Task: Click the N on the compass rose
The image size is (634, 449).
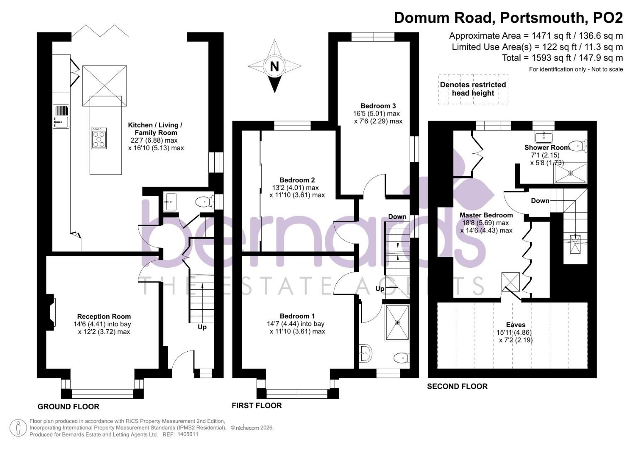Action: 274,66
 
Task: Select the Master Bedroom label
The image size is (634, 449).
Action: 486,215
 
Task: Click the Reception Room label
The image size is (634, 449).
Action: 104,316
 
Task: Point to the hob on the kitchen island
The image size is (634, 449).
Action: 99,138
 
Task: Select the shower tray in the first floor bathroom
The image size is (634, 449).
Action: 397,322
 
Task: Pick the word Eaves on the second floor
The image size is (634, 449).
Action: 516,325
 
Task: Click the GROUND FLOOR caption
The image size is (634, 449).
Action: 69,406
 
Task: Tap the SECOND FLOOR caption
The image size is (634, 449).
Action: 457,386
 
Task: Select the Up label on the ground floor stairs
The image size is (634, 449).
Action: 202,327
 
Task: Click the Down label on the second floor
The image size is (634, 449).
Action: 540,200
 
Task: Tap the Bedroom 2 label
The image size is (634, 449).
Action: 297,180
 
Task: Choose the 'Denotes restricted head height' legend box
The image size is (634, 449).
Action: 473,89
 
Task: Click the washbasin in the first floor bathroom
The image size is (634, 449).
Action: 366,353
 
